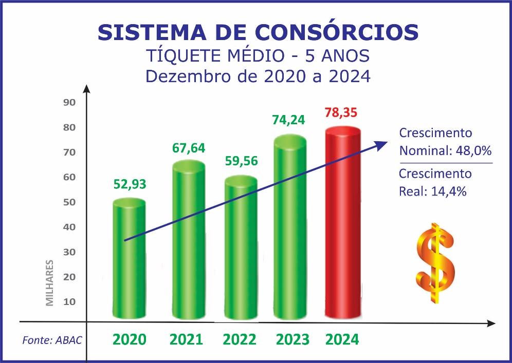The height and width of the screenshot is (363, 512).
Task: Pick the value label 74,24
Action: click(288, 120)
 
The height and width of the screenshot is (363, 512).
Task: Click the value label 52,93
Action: click(130, 184)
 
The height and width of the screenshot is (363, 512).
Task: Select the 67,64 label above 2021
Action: click(188, 148)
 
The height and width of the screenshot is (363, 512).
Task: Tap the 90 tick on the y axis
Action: click(69, 102)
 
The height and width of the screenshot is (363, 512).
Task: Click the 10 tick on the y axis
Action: click(69, 301)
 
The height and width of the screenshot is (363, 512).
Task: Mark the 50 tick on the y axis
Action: click(69, 202)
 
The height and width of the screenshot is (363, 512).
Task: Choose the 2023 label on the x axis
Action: click(292, 339)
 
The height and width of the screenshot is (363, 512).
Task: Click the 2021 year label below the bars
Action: click(186, 339)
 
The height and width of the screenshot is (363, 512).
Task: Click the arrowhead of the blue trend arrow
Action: click(382, 144)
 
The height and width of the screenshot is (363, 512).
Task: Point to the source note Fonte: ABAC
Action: click(52, 339)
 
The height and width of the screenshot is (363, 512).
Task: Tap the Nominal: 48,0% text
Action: click(445, 151)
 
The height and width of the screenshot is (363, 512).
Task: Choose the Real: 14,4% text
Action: click(432, 191)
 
